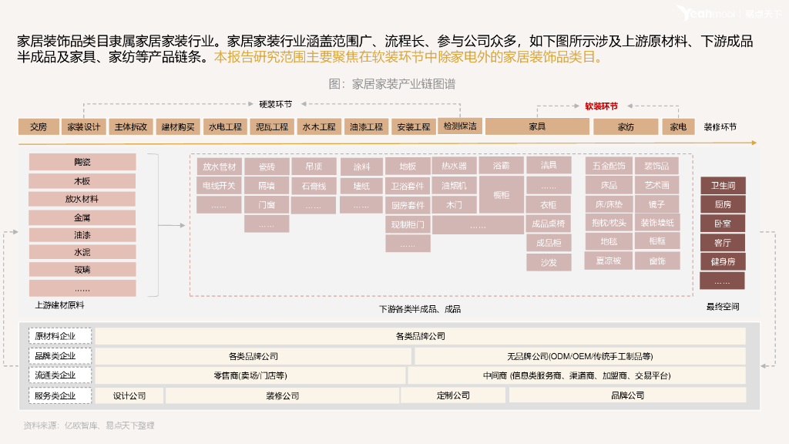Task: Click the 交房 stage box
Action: (39, 127)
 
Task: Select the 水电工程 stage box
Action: (225, 127)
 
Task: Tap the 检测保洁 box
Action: (458, 126)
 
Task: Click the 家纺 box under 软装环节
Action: (625, 127)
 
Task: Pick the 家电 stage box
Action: (678, 127)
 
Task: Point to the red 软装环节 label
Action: (601, 106)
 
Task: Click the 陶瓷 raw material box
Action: (82, 162)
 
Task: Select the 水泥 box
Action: (82, 252)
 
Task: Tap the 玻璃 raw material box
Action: (82, 270)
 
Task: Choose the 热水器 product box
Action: (454, 166)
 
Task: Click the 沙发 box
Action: (549, 262)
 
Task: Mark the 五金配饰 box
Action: (609, 166)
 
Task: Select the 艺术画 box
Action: (657, 186)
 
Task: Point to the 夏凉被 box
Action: (609, 261)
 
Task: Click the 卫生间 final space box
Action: (722, 186)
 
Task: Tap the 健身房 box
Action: (722, 262)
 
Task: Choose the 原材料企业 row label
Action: (61, 337)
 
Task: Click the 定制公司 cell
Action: (453, 395)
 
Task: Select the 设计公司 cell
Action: (129, 395)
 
